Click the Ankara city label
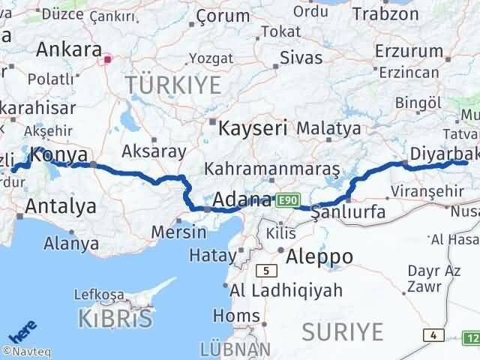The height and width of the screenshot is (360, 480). point(68,49)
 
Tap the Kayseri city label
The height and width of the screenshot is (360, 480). point(253,128)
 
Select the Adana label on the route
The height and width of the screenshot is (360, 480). point(241,200)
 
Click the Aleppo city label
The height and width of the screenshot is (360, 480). point(320,256)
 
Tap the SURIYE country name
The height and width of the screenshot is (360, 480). point(343,331)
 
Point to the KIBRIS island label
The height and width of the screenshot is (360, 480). point(115,319)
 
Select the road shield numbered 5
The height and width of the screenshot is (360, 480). point(265,270)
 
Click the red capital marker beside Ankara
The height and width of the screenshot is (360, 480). point(109,58)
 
